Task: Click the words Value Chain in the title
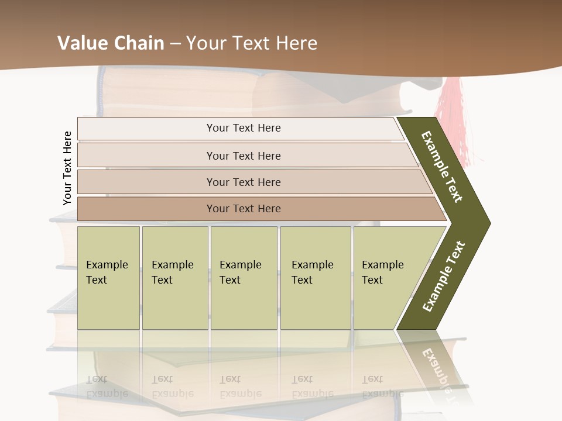coord(111,43)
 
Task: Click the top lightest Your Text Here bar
coord(243,128)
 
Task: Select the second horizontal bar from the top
coord(243,156)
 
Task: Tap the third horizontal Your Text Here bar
coord(243,182)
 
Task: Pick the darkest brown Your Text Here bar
coord(243,209)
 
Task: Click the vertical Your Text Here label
coord(67,168)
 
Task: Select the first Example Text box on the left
coord(108,277)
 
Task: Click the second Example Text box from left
coord(174,277)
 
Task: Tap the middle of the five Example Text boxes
coord(244,277)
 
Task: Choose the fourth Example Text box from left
coord(315,277)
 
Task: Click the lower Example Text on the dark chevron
coord(444,276)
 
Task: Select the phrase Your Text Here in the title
coord(252,43)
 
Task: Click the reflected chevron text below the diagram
coord(437,368)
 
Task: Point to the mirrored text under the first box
coord(107,386)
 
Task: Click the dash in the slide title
coord(175,44)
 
